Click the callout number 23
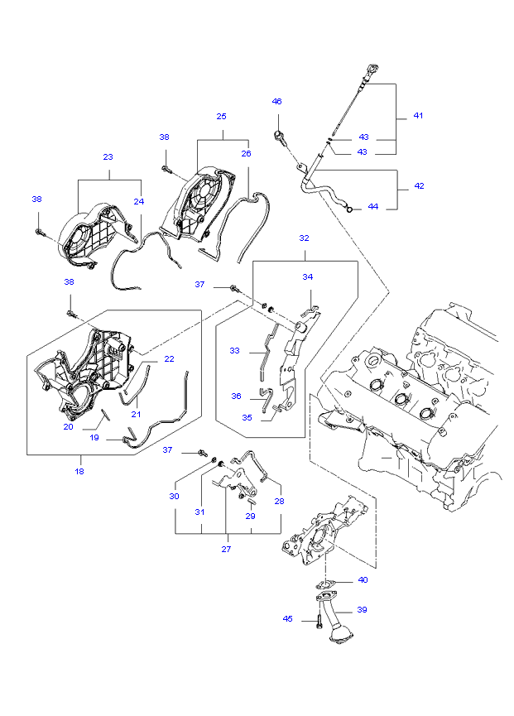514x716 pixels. coord(108,157)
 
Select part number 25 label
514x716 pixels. coord(221,117)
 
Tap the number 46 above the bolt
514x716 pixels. coord(277,101)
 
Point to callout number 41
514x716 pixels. coord(418,116)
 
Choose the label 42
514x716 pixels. coord(419,186)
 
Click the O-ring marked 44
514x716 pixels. coord(351,208)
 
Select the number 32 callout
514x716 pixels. coord(304,238)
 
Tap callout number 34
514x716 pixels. coord(307,277)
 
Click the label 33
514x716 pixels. coord(235,351)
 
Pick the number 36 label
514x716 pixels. coord(236,396)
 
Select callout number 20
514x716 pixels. coord(68,427)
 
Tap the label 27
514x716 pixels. coord(226,548)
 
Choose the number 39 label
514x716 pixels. coord(362,610)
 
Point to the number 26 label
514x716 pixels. coord(246,153)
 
